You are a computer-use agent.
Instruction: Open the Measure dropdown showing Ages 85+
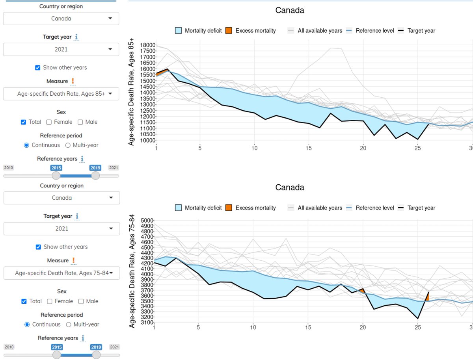point(61,94)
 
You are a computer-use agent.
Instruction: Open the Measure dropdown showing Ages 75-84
point(61,273)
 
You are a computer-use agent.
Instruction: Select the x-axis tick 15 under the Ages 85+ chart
point(309,148)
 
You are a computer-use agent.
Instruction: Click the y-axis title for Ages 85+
point(131,92)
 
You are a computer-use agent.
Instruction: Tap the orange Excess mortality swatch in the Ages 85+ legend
point(229,30)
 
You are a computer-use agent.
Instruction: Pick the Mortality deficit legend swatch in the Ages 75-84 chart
point(178,208)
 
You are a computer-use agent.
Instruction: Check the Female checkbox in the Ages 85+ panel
point(49,122)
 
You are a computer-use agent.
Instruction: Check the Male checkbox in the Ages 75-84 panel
point(81,301)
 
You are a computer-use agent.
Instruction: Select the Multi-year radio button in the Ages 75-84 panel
point(68,325)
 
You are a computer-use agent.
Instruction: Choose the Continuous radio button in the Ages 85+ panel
point(26,145)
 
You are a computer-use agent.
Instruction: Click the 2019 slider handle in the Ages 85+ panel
point(95,175)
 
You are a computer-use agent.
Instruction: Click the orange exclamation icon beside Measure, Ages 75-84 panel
point(73,261)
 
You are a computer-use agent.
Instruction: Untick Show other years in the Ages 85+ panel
point(37,67)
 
